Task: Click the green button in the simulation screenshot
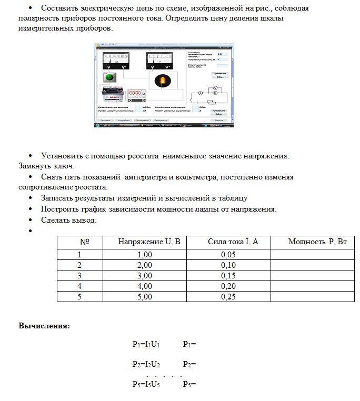point(109,77)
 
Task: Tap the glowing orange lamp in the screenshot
point(163,81)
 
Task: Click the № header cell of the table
point(85,242)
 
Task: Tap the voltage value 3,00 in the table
point(144,276)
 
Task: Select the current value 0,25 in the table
point(228,297)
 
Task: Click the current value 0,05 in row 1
point(228,255)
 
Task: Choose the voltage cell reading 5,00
point(144,297)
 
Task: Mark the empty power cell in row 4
point(313,286)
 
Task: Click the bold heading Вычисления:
point(44,326)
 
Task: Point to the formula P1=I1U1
point(146,345)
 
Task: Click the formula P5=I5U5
point(146,384)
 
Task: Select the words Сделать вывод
point(69,220)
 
